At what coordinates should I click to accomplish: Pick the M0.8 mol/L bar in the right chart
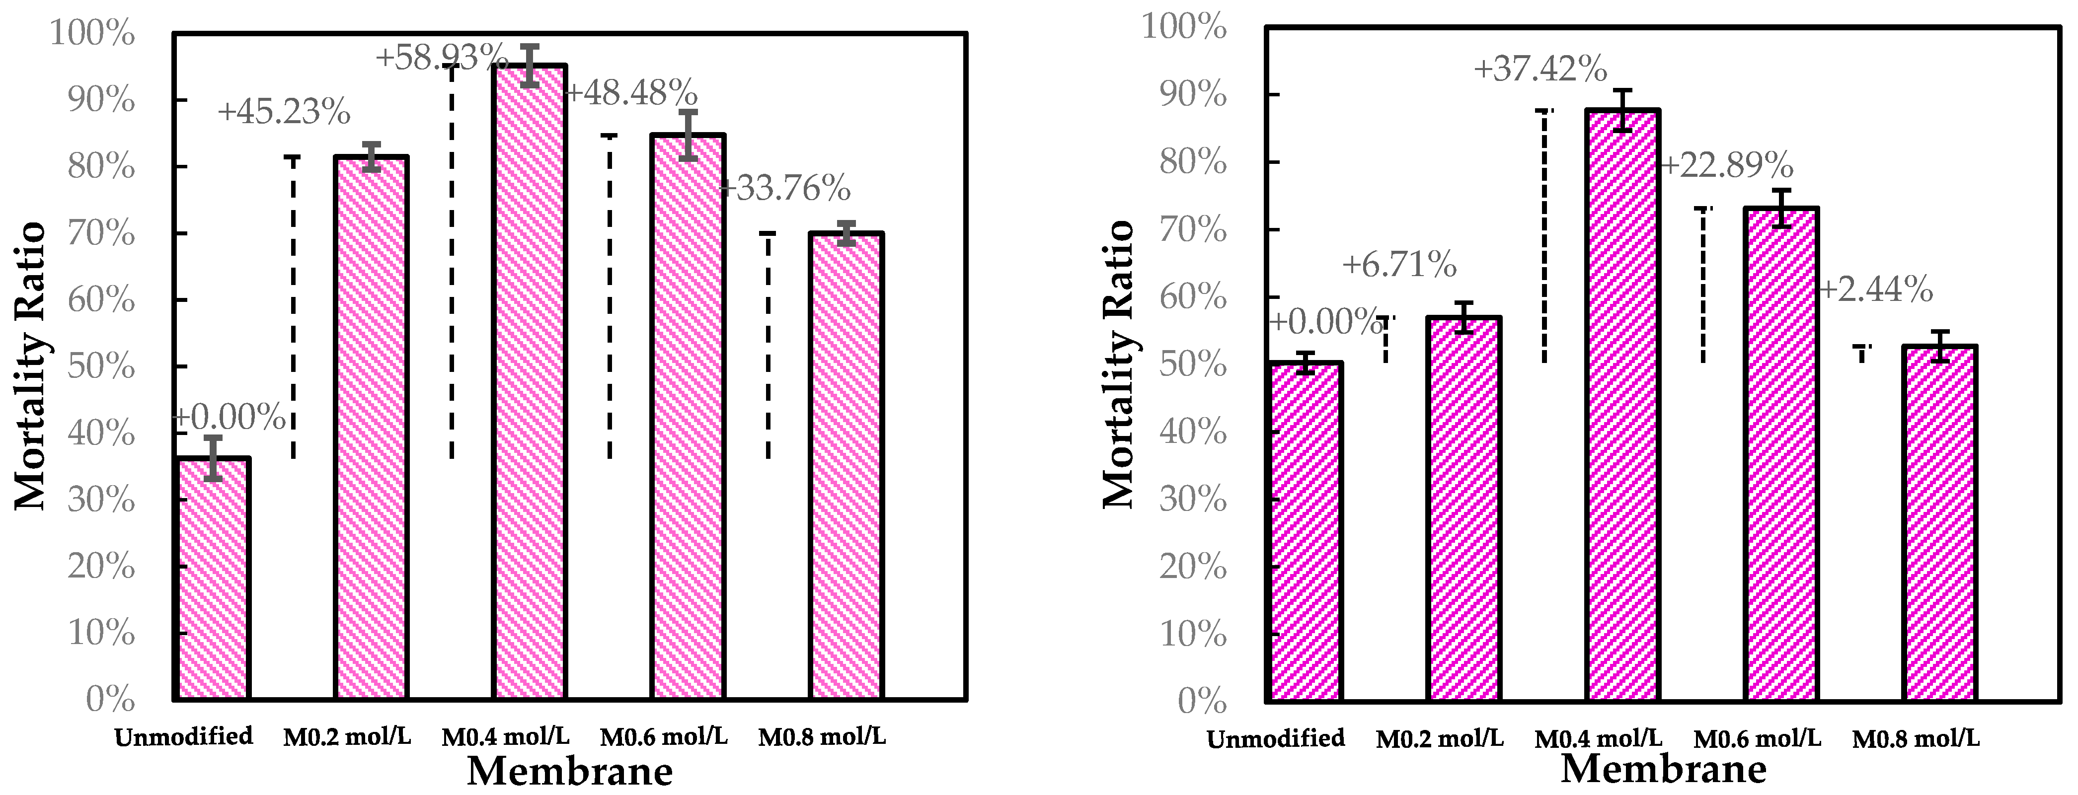click(1939, 523)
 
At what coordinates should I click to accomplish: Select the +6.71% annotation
click(1399, 265)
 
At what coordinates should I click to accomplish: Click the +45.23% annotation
click(284, 113)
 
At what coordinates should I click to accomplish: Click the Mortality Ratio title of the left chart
click(31, 367)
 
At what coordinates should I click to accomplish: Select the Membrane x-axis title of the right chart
click(1663, 769)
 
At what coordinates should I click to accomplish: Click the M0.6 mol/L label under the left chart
click(664, 736)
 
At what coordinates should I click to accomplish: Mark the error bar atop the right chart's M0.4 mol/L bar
click(1622, 110)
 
